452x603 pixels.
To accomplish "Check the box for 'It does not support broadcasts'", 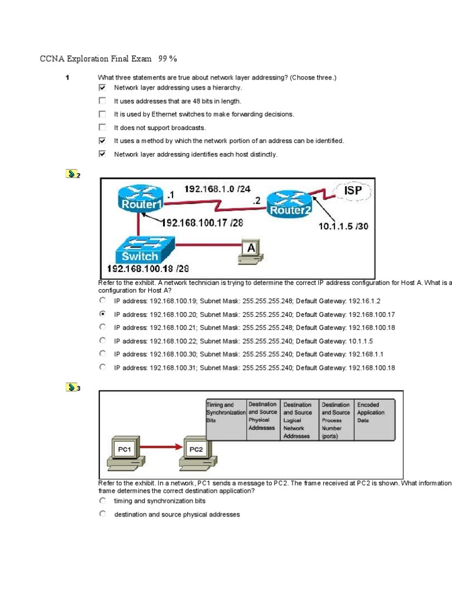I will point(102,127).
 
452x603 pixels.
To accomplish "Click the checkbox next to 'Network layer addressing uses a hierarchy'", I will point(102,87).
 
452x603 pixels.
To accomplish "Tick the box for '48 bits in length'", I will point(102,101).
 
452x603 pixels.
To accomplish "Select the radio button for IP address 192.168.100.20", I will point(102,314).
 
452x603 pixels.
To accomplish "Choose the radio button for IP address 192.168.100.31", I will point(102,367).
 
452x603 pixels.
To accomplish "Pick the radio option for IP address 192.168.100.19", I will point(102,300).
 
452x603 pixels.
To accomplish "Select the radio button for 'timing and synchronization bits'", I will point(102,501).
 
